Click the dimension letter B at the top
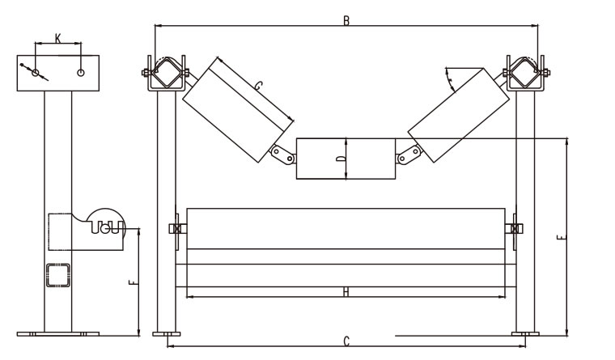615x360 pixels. click(346, 20)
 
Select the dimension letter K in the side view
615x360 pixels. click(57, 37)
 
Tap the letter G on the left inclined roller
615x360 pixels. click(257, 85)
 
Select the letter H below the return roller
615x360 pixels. click(346, 291)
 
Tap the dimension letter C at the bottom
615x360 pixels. click(346, 341)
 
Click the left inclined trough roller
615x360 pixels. click(235, 111)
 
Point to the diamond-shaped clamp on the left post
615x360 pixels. click(168, 74)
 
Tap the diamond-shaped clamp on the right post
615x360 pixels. click(524, 74)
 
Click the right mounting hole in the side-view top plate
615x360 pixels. click(81, 73)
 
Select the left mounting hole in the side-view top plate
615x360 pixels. click(36, 73)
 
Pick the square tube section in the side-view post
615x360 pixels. click(57, 274)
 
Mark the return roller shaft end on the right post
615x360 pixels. click(515, 229)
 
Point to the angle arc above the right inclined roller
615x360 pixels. click(449, 77)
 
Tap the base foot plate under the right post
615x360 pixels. click(525, 332)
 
